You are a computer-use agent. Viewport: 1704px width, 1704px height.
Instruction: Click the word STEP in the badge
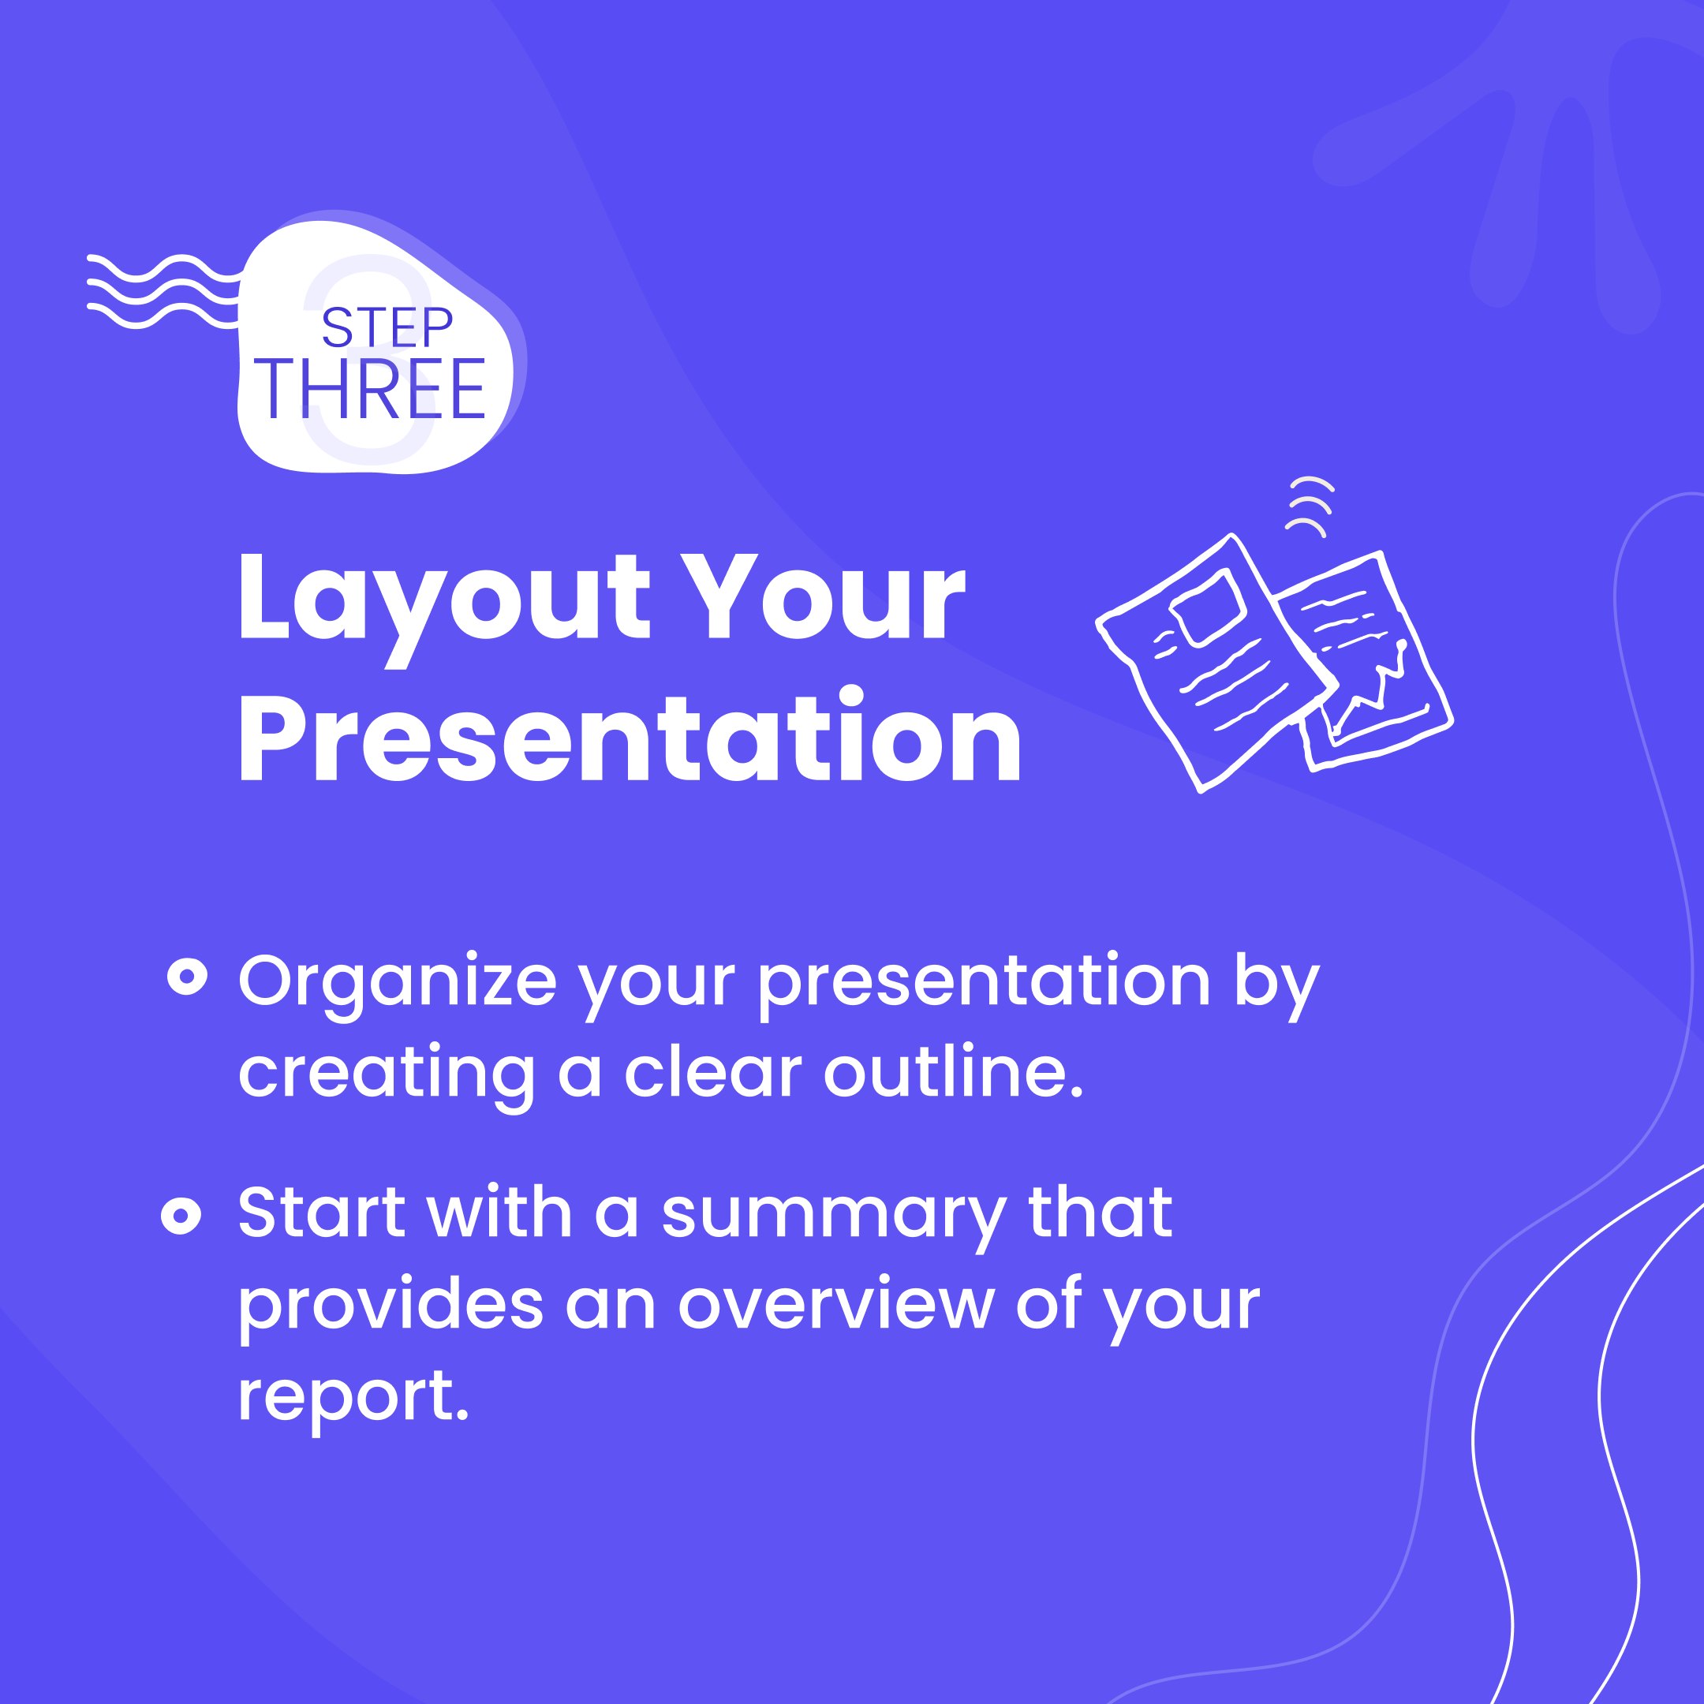(x=387, y=327)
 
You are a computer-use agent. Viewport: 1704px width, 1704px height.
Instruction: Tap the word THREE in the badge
(x=369, y=389)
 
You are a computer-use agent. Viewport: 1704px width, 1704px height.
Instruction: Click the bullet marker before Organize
(x=187, y=977)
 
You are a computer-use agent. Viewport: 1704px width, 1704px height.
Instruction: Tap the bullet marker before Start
(x=181, y=1216)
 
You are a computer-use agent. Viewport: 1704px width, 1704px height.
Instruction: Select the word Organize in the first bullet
(x=397, y=981)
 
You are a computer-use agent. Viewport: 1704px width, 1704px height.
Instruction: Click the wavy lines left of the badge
(x=163, y=292)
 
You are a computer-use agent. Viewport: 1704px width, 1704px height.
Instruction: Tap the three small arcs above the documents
(x=1310, y=506)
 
